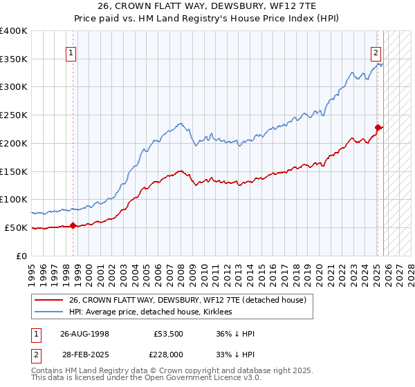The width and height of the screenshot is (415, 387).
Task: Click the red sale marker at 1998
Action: click(73, 225)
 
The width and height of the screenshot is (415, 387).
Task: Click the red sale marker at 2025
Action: click(378, 127)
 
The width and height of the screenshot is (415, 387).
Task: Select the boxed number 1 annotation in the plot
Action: click(71, 52)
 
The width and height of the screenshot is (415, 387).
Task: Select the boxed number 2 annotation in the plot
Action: click(375, 52)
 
